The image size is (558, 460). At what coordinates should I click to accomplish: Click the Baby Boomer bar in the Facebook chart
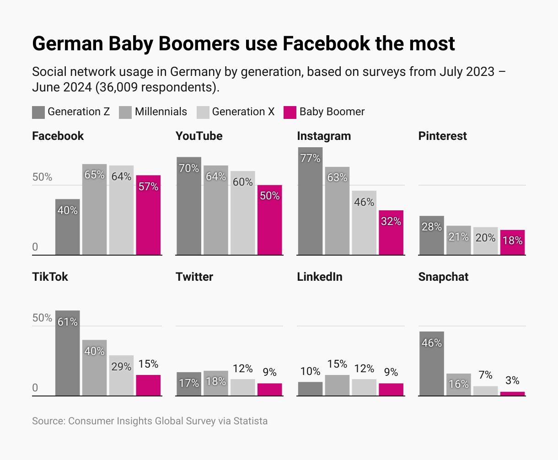(148, 215)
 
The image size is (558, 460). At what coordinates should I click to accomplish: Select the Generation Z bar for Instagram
(310, 201)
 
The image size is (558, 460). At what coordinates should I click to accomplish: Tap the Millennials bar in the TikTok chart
(94, 368)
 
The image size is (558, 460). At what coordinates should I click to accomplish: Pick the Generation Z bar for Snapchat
(431, 364)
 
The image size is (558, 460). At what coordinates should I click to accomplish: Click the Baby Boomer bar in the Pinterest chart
(512, 242)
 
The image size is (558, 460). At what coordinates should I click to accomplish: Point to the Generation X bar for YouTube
(243, 213)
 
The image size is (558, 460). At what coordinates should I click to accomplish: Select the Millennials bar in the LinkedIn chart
(337, 385)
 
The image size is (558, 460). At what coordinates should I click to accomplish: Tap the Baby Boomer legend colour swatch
(290, 112)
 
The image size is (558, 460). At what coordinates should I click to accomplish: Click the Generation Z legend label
(79, 112)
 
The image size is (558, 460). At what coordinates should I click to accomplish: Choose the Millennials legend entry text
(161, 112)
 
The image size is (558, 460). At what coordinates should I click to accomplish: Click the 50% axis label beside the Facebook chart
(42, 177)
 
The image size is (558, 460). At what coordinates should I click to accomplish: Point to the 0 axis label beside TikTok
(35, 388)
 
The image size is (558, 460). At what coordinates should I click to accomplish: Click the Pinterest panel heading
(442, 136)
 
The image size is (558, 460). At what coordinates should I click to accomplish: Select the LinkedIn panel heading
(320, 277)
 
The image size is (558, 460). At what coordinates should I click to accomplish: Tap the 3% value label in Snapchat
(512, 380)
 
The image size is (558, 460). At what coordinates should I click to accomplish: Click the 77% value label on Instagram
(310, 158)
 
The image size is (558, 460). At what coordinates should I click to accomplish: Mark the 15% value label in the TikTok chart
(148, 364)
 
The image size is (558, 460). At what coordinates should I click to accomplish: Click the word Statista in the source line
(250, 421)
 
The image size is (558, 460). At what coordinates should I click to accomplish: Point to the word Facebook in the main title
(326, 44)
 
